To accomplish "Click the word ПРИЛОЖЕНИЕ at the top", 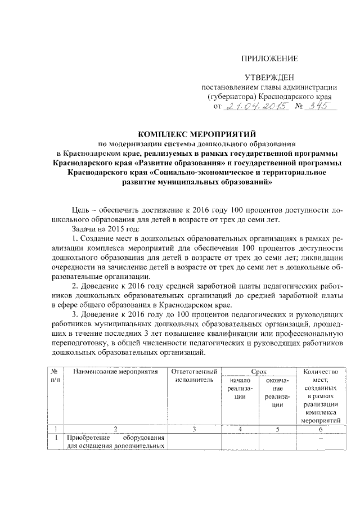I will click(x=269, y=58).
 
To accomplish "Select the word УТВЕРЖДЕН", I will click(x=269, y=76).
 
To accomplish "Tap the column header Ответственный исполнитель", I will click(x=193, y=376).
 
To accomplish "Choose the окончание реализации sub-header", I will click(x=277, y=392).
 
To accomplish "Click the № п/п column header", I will click(x=55, y=376).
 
